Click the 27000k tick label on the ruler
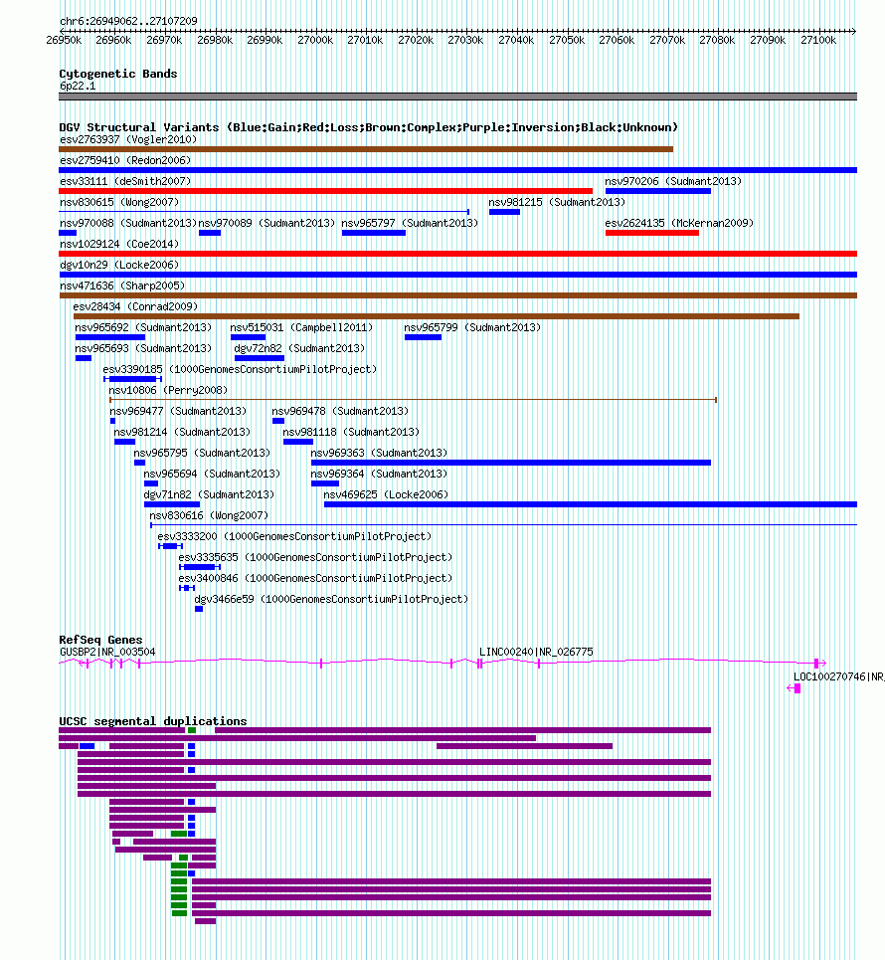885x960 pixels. click(x=315, y=40)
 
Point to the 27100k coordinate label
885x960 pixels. click(x=818, y=40)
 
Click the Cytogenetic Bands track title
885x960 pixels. click(x=117, y=74)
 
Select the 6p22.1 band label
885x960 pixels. click(x=78, y=87)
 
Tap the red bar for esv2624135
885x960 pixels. click(x=651, y=233)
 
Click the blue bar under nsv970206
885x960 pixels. click(x=657, y=191)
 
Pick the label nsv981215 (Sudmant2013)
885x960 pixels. click(x=556, y=202)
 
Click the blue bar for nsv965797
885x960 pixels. click(x=373, y=233)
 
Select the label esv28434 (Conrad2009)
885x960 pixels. click(x=134, y=306)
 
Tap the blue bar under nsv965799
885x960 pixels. click(x=423, y=337)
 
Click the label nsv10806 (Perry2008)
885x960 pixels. click(x=167, y=390)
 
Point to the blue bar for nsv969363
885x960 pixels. click(x=510, y=463)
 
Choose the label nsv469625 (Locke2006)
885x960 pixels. click(x=386, y=494)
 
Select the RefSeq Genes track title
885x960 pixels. click(x=100, y=640)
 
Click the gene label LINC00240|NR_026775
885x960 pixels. click(x=536, y=652)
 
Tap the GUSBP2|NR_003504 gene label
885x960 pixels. click(x=107, y=652)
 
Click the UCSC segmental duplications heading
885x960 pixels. click(x=152, y=721)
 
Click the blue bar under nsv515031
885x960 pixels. click(x=248, y=337)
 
